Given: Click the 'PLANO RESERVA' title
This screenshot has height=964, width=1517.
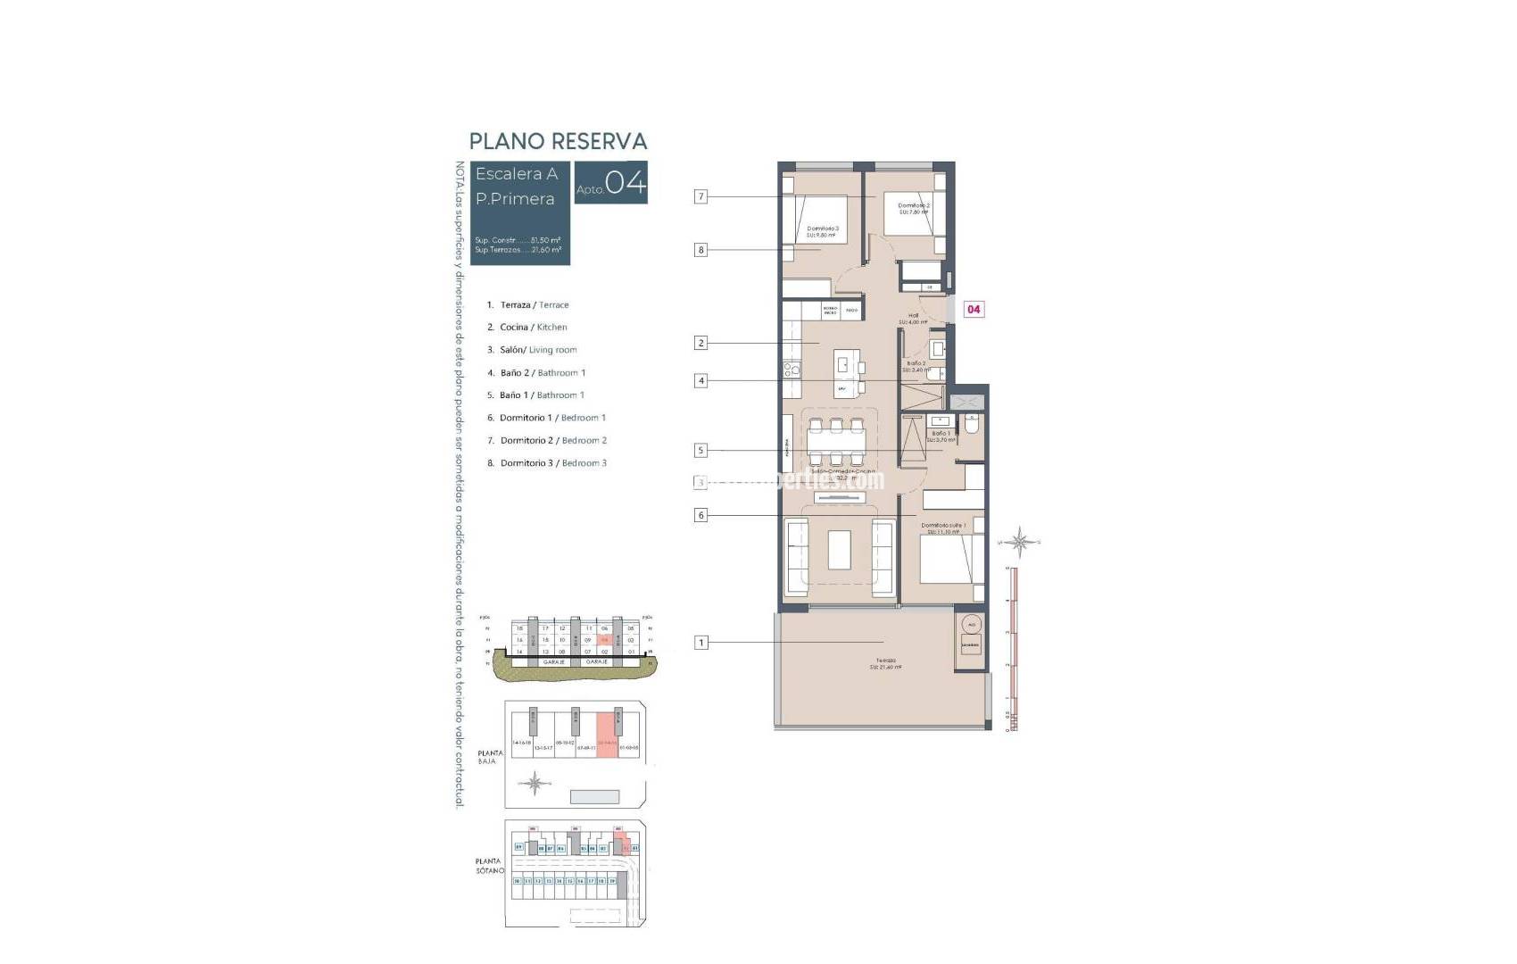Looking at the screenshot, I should [558, 141].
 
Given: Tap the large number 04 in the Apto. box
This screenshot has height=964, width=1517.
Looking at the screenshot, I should [626, 183].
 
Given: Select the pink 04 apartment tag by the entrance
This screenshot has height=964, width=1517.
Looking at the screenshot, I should [974, 309].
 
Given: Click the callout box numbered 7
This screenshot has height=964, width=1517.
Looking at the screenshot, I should [701, 196].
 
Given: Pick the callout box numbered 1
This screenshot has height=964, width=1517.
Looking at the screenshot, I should [701, 642].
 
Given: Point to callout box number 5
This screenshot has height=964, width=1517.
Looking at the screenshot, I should [701, 451].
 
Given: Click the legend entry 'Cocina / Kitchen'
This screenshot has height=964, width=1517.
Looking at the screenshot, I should [533, 328].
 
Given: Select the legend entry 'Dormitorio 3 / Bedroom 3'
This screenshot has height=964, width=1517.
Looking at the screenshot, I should [552, 463].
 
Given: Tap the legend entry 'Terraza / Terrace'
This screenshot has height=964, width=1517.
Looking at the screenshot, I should [534, 305].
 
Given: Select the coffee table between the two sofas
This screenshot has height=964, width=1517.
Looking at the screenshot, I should [839, 549].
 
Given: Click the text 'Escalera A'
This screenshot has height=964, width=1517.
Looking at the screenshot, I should [517, 174].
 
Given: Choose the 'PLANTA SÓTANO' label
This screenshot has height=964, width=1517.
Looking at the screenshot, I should [489, 866].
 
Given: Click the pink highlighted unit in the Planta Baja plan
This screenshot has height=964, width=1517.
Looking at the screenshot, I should [607, 736].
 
